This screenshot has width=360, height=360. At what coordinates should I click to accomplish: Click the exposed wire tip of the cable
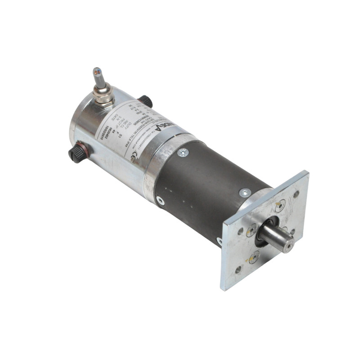pyautogui.click(x=96, y=71)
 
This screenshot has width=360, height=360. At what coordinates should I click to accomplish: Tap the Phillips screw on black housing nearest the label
pyautogui.click(x=183, y=153)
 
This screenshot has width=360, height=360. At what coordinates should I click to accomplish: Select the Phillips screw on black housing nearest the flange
pyautogui.click(x=244, y=193)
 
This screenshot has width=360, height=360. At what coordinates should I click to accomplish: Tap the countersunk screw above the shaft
pyautogui.click(x=279, y=206)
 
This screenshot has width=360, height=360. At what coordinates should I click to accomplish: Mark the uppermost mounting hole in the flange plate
pyautogui.click(x=296, y=194)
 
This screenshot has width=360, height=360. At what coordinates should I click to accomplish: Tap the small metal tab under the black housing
pyautogui.click(x=219, y=241)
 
